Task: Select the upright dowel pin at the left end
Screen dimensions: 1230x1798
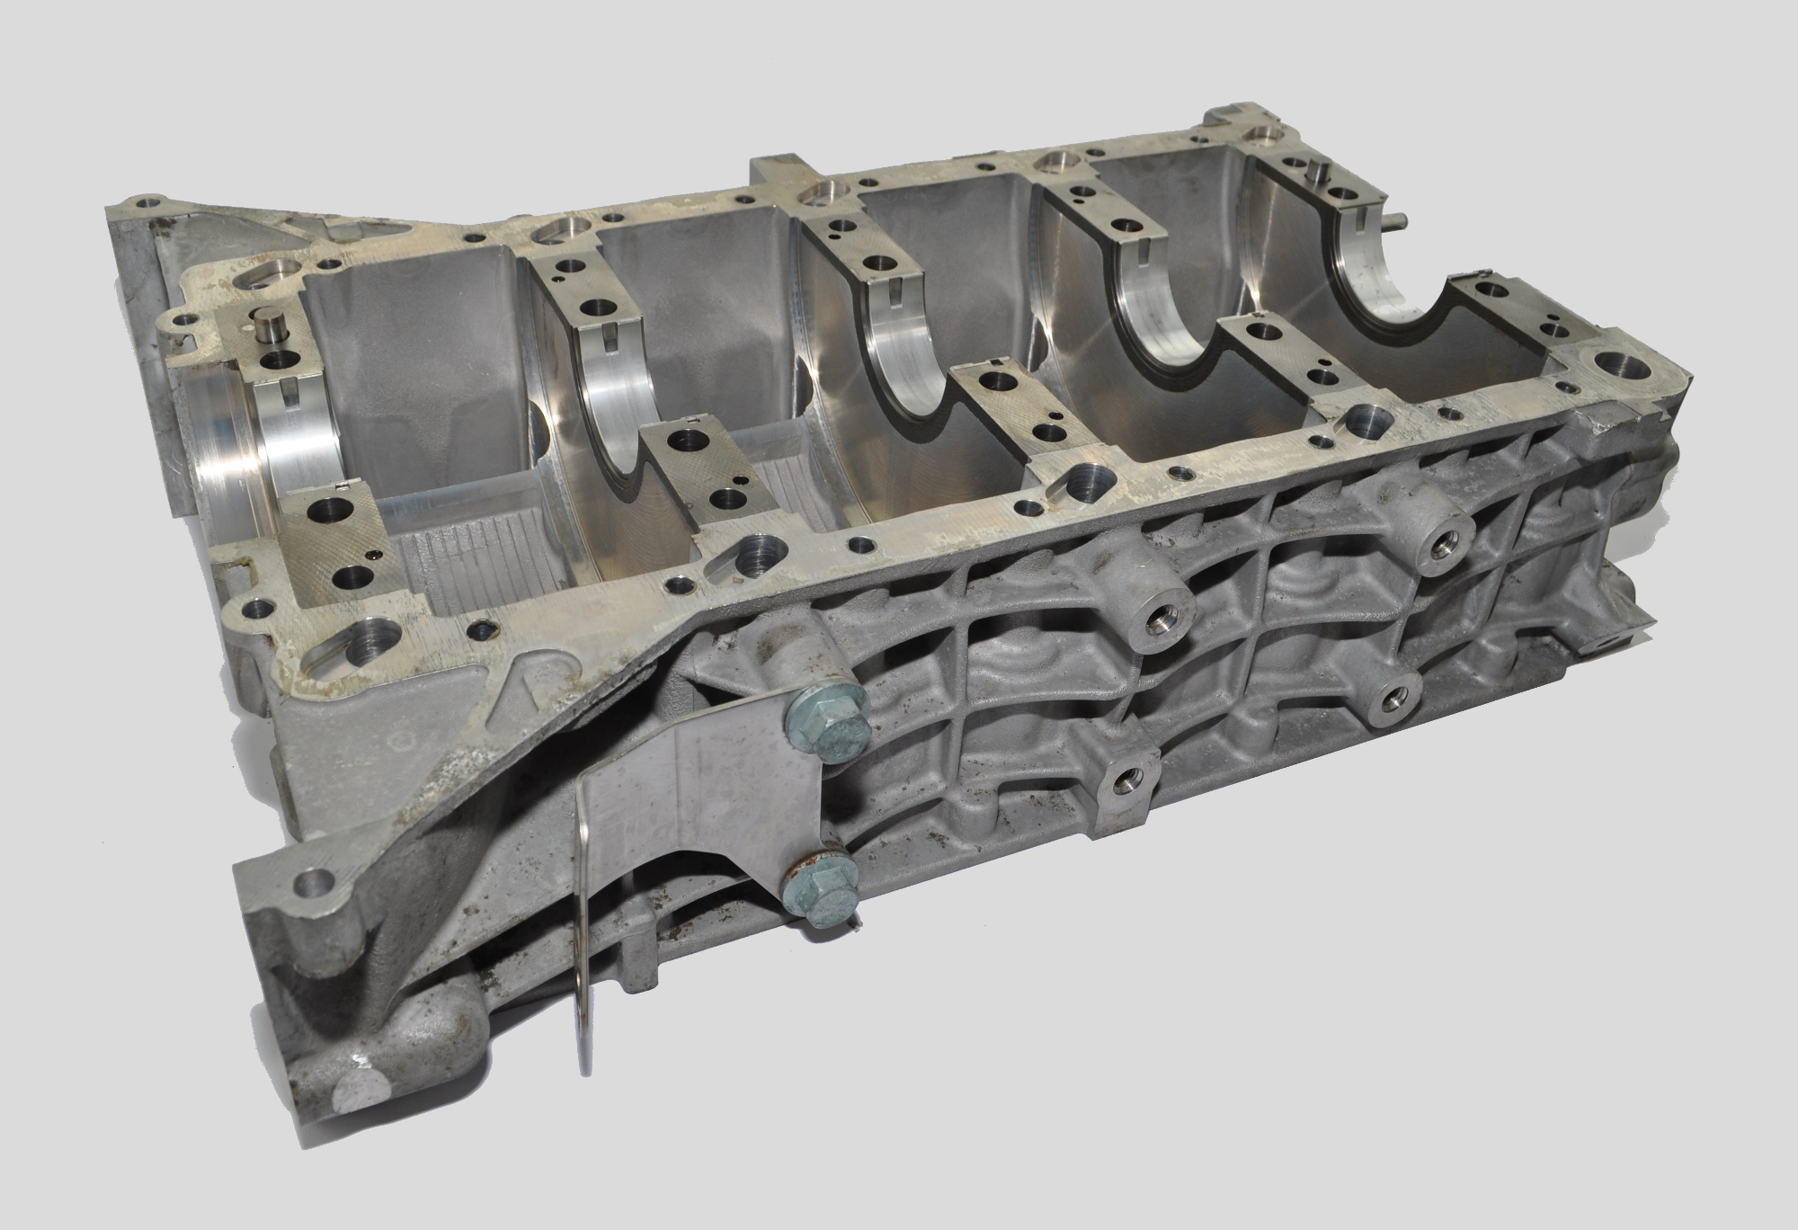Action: [268, 328]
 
